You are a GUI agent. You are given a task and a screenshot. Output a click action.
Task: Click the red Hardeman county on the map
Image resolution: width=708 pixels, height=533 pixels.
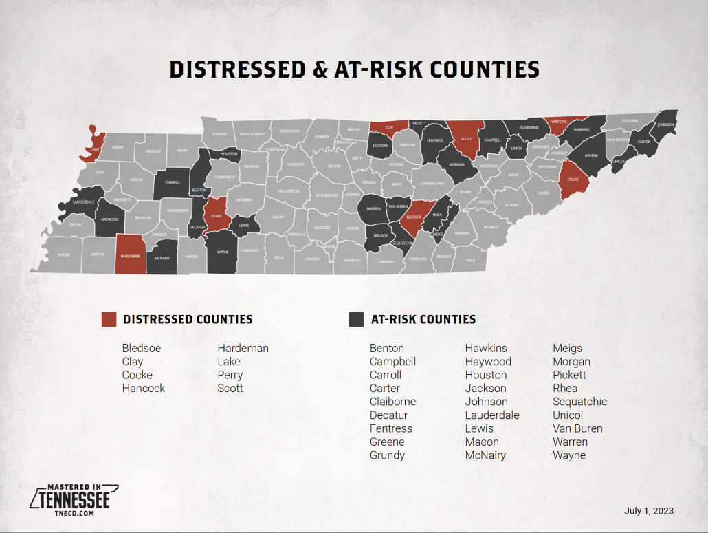tap(130, 254)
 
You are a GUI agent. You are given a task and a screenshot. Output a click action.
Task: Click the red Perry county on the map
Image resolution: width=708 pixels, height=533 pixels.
tap(216, 215)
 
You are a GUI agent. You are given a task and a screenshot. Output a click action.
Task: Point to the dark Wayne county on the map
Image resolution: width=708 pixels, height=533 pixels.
tap(221, 252)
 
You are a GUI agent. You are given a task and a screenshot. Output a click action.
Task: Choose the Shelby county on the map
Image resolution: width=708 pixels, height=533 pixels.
tap(64, 254)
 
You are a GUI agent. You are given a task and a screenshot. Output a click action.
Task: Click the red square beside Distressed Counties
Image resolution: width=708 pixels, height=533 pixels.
tap(109, 319)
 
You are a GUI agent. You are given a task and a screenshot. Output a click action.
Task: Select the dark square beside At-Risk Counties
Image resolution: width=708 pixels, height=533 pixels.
tap(356, 319)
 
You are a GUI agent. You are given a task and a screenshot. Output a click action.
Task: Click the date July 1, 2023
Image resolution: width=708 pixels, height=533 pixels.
tap(648, 511)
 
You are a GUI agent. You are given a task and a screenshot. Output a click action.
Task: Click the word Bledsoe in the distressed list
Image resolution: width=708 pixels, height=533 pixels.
tap(142, 348)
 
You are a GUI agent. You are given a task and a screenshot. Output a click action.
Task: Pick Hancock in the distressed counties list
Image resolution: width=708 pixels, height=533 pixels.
tap(144, 388)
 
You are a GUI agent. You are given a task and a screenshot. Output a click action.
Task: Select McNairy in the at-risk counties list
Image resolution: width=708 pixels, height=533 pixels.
tap(485, 455)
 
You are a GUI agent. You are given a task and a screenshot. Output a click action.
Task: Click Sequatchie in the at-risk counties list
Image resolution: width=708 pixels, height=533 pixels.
tap(580, 402)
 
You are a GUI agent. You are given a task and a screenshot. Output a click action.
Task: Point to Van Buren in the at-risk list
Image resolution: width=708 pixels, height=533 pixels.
tap(577, 428)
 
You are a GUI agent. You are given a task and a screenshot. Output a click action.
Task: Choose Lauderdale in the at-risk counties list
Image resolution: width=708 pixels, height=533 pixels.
tap(492, 415)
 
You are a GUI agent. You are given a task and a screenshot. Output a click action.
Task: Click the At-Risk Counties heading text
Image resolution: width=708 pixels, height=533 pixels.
tap(423, 319)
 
